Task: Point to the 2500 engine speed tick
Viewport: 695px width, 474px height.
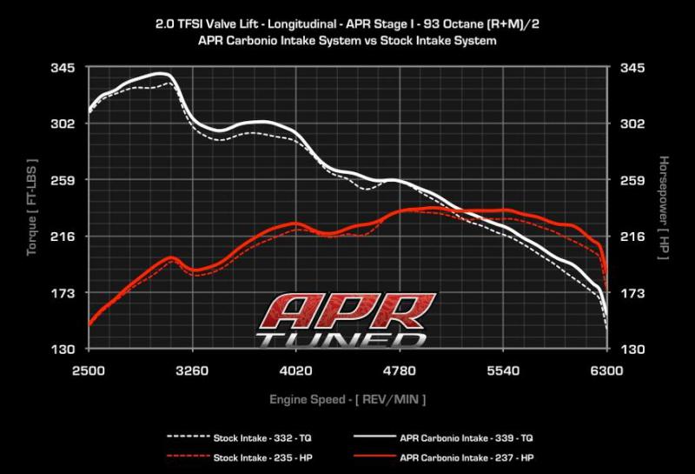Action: tap(89, 371)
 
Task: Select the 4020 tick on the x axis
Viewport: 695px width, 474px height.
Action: tap(296, 371)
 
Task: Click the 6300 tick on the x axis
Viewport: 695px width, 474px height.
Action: tap(606, 371)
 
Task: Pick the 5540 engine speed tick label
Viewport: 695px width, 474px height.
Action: tap(503, 371)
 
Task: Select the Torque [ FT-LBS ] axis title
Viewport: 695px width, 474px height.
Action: tap(32, 209)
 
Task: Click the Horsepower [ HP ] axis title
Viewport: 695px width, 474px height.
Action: tap(663, 209)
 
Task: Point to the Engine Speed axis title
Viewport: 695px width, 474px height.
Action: tap(347, 399)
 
